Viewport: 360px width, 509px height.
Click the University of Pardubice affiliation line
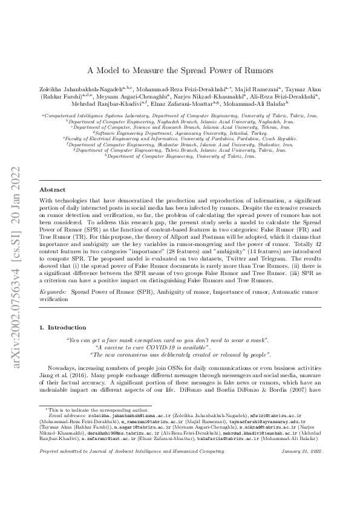click(x=180, y=138)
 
